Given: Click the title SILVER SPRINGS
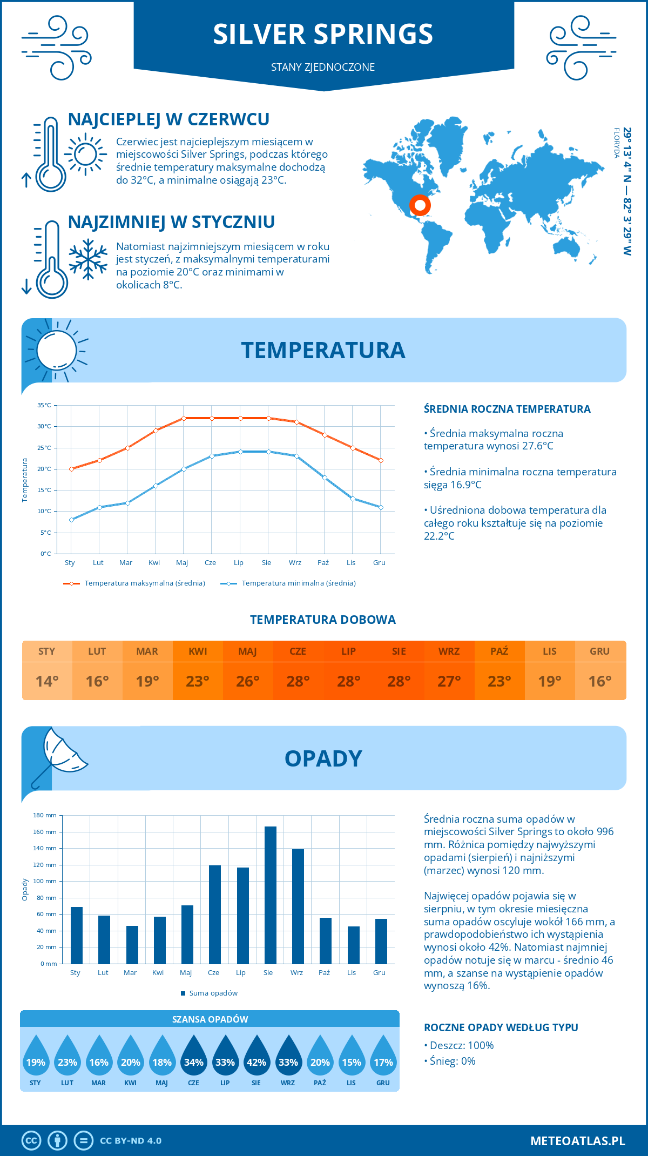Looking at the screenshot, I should tap(323, 34).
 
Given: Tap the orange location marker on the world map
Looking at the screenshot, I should tap(420, 205).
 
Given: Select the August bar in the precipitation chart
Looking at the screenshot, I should tap(270, 895).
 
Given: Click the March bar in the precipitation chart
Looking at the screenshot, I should tap(132, 944).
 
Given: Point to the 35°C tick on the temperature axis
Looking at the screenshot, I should tap(44, 405).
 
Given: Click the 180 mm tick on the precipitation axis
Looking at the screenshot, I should tap(45, 815).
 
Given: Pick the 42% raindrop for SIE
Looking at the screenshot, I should tap(256, 1056).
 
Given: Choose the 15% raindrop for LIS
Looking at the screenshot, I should tap(352, 1056).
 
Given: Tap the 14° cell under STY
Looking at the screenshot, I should tap(47, 681).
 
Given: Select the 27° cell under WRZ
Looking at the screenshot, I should tap(449, 681).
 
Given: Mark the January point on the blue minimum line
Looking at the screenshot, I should tap(71, 520).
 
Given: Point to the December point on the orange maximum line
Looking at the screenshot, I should tap(381, 460).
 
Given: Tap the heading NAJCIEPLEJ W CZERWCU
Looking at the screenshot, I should tap(168, 119).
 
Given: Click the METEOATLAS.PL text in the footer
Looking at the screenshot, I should tap(577, 1141).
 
